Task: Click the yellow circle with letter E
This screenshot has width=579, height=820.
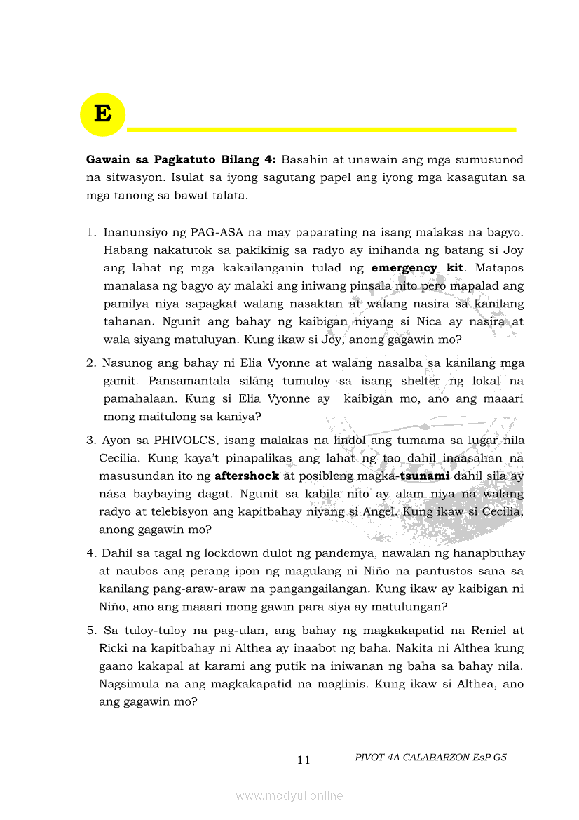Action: coord(102,114)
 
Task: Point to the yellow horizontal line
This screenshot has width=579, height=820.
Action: coord(321,129)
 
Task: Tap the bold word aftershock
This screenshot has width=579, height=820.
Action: coord(247,476)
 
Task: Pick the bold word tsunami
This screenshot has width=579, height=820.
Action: coord(424,476)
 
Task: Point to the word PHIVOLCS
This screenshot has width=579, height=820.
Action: coord(172,441)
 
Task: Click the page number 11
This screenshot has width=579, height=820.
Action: coord(304,760)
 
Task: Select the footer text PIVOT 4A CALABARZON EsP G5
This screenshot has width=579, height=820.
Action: coord(430,758)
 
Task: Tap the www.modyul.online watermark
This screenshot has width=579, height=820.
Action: coord(289,795)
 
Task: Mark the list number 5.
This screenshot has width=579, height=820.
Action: coord(90,631)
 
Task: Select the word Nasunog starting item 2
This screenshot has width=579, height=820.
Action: coord(127,363)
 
